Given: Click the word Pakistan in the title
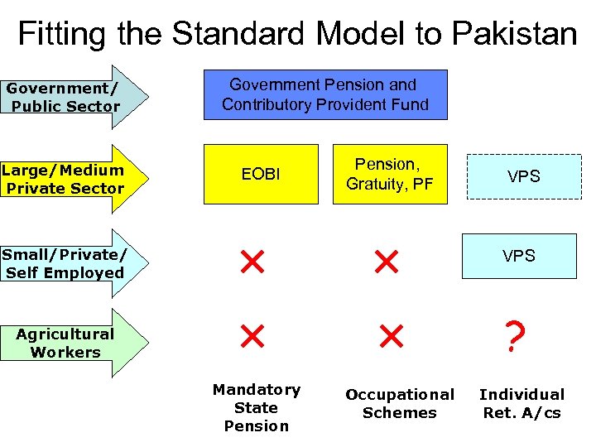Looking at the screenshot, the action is (514, 34).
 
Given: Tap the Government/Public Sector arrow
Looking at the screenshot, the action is (70, 97).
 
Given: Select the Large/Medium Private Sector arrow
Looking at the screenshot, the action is (70, 179).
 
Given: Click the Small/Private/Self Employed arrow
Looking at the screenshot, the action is (70, 263).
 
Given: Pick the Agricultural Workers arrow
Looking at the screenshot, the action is (70, 343).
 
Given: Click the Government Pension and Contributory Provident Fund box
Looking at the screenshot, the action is (325, 95).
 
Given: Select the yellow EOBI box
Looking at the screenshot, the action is (262, 174).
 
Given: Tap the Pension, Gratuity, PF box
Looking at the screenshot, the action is (389, 174).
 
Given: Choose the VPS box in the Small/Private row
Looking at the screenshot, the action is (521, 256).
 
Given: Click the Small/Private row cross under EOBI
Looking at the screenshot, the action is (252, 263).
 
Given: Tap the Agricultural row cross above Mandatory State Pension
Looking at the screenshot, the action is (252, 335).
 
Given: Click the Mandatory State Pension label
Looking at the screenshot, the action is (256, 407).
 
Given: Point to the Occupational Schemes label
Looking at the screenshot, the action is (399, 403).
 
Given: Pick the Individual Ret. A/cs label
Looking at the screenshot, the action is (521, 403).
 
